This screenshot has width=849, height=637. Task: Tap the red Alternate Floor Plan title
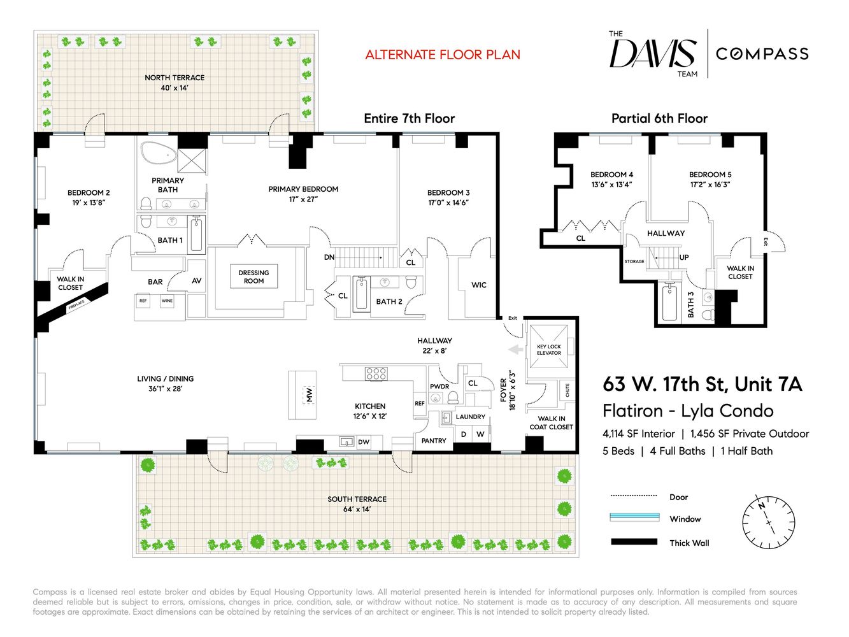(x=443, y=55)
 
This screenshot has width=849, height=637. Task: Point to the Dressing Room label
(x=253, y=276)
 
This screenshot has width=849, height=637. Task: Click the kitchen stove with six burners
(x=376, y=373)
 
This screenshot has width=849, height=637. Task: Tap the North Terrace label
(x=175, y=82)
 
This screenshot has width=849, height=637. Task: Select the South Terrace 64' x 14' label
(x=357, y=504)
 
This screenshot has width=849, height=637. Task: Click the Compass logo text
(x=762, y=54)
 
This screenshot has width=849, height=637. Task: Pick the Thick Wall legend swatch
(x=634, y=542)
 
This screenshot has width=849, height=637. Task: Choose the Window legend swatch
(x=634, y=517)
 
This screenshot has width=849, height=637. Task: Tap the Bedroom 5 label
(x=710, y=179)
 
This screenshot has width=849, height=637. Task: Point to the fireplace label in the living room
(x=76, y=306)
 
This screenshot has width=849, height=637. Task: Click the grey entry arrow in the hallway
(x=515, y=349)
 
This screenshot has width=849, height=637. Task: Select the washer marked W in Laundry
(x=480, y=434)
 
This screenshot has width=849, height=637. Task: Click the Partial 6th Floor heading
(x=659, y=118)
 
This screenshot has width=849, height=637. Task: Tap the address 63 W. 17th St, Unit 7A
(x=702, y=384)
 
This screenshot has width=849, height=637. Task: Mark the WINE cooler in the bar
(x=167, y=301)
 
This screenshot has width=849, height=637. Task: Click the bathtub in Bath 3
(x=669, y=303)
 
